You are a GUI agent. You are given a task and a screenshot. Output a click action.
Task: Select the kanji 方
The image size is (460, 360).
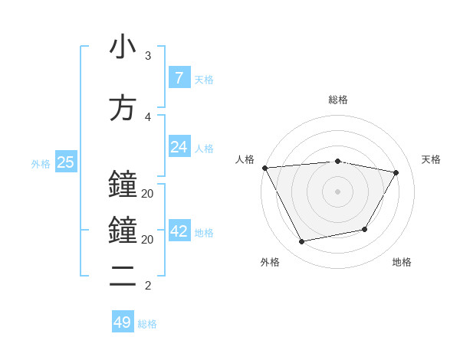point(123,108)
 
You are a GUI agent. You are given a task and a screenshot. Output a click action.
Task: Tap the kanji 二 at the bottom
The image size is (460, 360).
point(123,277)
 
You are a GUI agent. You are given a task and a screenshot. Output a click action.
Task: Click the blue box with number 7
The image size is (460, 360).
point(179,78)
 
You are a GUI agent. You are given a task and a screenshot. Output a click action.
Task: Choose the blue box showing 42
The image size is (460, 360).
point(179,231)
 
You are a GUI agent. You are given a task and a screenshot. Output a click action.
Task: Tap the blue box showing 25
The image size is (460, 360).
point(65,162)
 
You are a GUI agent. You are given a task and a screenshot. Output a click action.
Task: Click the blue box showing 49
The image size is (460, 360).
point(123,322)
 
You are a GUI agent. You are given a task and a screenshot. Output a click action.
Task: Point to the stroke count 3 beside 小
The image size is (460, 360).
point(147,56)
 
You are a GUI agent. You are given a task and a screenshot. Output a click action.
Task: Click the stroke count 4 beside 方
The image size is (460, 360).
point(147,117)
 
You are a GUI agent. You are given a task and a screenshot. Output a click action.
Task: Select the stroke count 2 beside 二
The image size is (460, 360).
point(147,286)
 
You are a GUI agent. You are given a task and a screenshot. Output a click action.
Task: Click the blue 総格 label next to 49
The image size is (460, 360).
point(148,324)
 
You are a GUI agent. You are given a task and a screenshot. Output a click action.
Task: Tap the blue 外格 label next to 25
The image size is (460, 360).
point(41,163)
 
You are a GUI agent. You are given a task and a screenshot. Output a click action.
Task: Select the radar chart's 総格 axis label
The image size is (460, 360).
point(338,100)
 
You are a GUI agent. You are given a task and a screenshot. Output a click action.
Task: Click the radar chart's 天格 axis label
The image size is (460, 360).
point(432,159)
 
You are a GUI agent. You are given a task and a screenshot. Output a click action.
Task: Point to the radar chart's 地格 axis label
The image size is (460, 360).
point(402,262)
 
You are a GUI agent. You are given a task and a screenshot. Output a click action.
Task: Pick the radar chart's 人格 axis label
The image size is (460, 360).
point(245,159)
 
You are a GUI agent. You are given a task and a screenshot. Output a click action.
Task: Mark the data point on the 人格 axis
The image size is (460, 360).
point(264,168)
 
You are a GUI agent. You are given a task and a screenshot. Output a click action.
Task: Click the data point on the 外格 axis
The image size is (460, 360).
point(301,242)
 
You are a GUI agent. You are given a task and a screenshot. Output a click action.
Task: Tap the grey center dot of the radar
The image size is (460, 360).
point(338,191)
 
